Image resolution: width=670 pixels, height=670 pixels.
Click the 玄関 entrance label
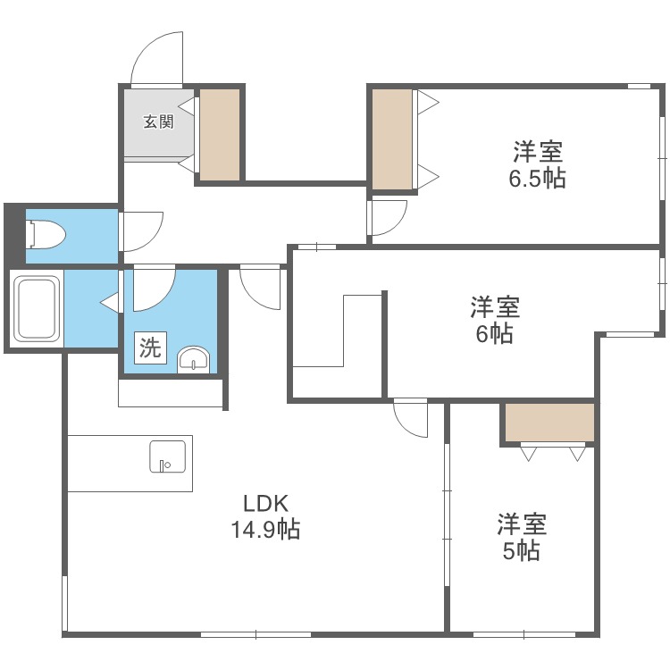pos(158,122)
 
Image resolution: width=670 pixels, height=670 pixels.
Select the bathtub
pos(37,308)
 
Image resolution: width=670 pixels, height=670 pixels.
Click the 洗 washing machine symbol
pos(150,348)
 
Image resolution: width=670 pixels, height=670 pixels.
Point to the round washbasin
pos(194,359)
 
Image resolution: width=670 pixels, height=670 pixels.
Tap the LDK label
pos(265,503)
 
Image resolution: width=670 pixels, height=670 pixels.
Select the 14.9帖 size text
pos(265,530)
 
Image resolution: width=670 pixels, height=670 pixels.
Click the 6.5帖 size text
pos(537,178)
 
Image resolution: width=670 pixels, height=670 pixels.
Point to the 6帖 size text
pos(495,334)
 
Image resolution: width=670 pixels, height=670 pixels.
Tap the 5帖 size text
pos(521,550)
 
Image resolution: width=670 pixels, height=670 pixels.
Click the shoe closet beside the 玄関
pos(220,133)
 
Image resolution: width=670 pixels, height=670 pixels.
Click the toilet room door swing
pos(141,230)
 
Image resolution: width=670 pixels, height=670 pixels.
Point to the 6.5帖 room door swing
pos(389,215)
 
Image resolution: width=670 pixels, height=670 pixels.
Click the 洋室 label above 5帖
pos(522,523)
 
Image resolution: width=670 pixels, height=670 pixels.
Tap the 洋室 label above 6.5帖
pos(537,151)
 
